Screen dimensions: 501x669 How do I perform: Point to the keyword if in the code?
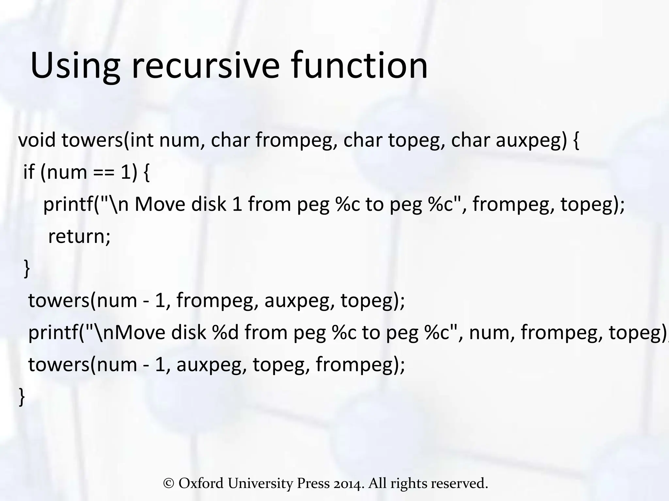[x=29, y=172]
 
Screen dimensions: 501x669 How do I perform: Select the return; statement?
[x=79, y=236]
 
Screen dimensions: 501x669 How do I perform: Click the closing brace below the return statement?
[x=27, y=269]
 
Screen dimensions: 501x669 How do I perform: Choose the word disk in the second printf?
[x=189, y=332]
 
